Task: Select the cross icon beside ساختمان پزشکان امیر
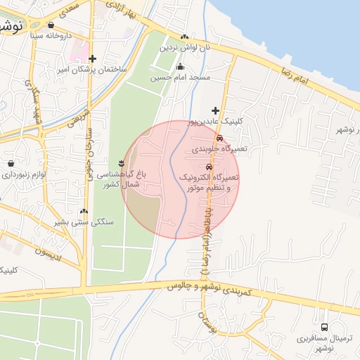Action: click(91, 58)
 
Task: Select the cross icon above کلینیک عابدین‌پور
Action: click(215, 110)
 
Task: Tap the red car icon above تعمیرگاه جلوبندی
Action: click(220, 138)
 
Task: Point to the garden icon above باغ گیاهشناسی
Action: click(129, 163)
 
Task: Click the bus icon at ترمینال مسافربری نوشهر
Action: click(324, 327)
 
